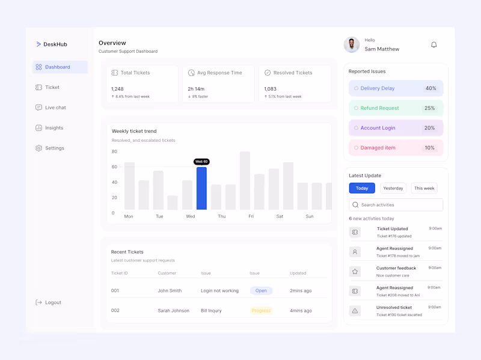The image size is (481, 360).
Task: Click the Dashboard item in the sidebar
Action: tap(59, 67)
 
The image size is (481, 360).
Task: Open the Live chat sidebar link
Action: tap(55, 108)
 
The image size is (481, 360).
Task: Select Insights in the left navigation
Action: tap(54, 128)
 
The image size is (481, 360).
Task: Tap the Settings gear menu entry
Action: tap(54, 148)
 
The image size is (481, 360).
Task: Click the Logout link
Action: tap(52, 303)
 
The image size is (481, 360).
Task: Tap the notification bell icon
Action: tap(434, 45)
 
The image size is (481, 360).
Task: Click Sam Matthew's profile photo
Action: tap(352, 44)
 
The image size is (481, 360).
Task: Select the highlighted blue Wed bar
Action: tap(201, 188)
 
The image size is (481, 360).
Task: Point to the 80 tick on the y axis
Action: tap(114, 152)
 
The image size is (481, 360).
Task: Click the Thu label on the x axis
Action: tap(221, 216)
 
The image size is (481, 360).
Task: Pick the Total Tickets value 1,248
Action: tap(117, 89)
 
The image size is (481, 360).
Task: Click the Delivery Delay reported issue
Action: tap(377, 88)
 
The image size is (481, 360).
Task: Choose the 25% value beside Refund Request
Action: tap(429, 108)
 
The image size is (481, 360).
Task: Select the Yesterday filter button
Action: tap(393, 188)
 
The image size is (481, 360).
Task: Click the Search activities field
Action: tap(396, 205)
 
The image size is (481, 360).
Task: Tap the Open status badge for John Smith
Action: tap(261, 291)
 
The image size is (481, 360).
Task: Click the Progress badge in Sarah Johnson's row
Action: tap(261, 311)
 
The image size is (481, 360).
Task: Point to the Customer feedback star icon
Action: tap(355, 272)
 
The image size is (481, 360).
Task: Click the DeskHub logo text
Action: tap(55, 44)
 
